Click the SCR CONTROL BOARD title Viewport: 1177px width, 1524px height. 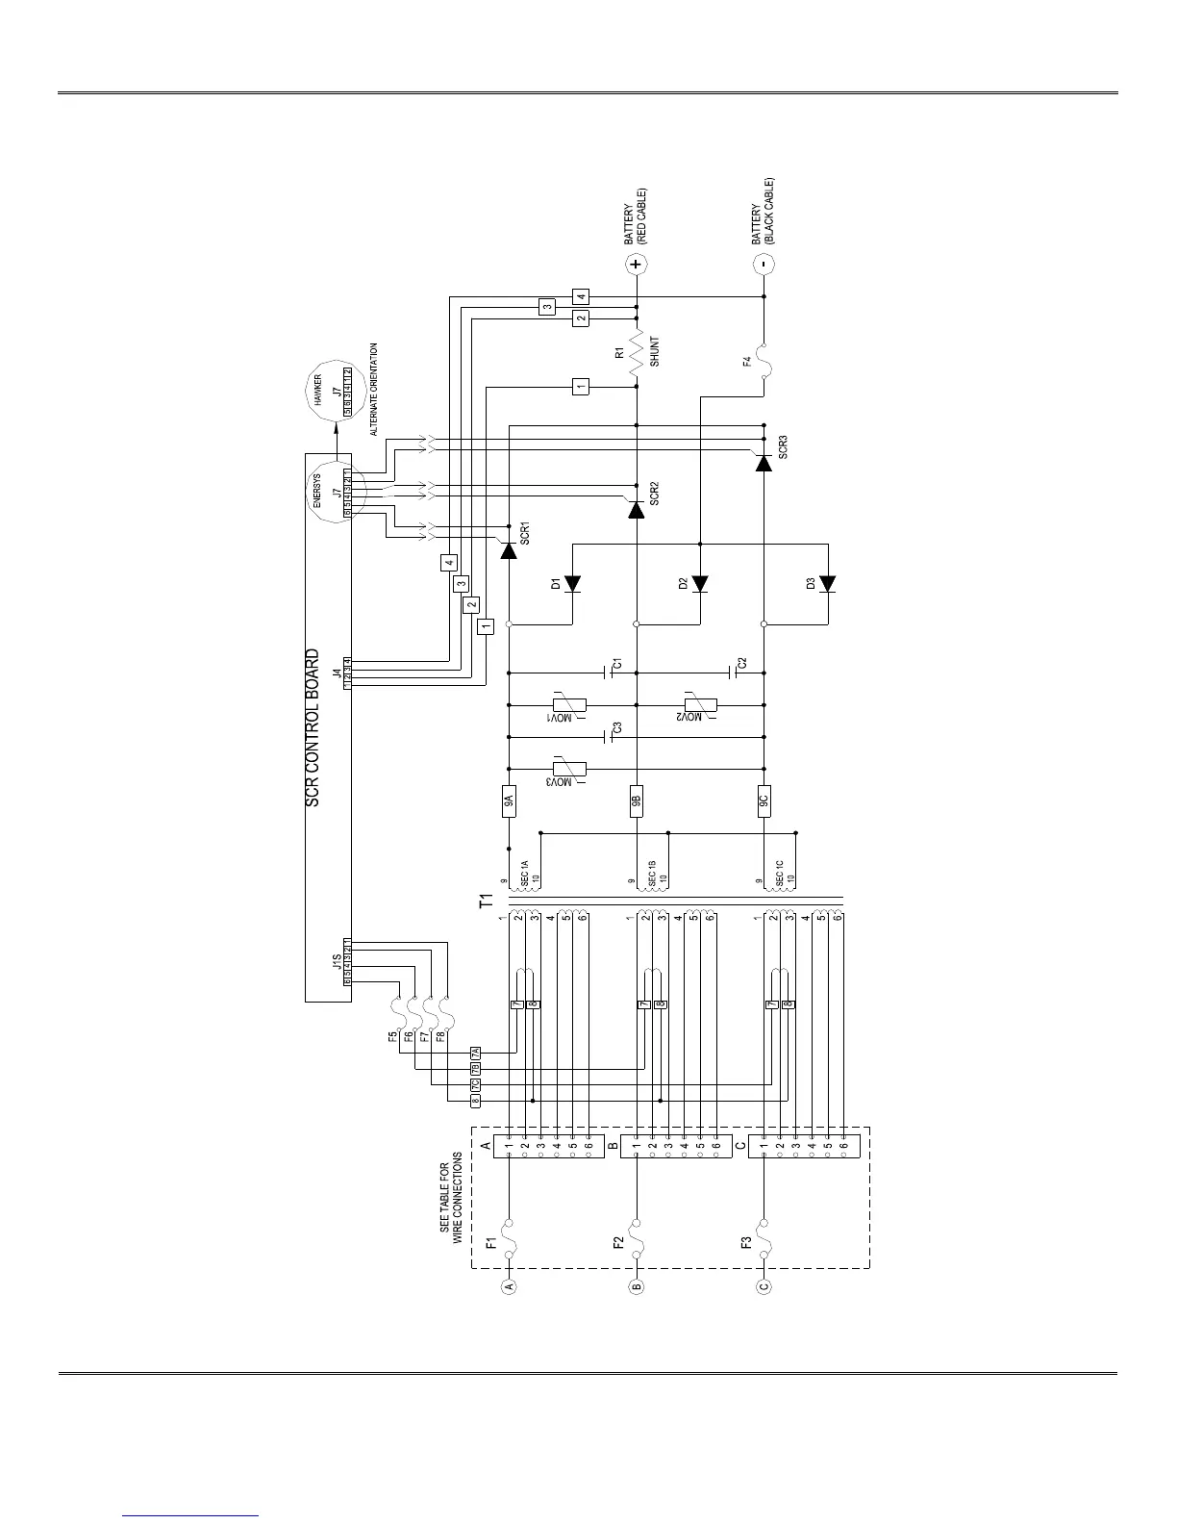click(x=313, y=727)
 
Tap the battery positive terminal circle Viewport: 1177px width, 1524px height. click(x=636, y=264)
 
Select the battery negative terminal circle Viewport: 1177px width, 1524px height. click(x=763, y=264)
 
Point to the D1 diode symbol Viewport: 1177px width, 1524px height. click(x=573, y=583)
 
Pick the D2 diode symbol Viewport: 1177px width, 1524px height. click(x=700, y=583)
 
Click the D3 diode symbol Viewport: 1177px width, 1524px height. click(x=827, y=583)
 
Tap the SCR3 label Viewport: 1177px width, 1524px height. click(x=784, y=446)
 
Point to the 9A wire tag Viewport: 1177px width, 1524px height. click(x=509, y=801)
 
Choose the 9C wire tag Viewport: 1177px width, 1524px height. click(x=763, y=801)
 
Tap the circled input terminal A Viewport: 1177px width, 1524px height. click(x=509, y=1286)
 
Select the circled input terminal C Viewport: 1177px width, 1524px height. click(x=763, y=1286)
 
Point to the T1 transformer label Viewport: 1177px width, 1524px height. click(x=487, y=902)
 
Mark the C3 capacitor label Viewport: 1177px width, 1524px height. click(x=617, y=728)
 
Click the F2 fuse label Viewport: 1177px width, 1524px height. click(x=618, y=1242)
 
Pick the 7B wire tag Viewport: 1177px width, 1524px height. click(x=474, y=1069)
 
